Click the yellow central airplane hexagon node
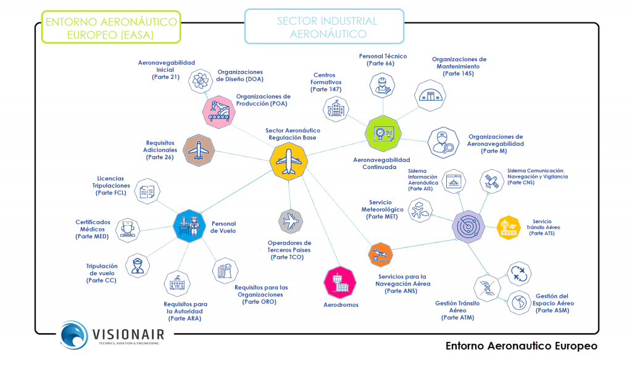point(289,162)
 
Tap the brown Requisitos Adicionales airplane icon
point(199,150)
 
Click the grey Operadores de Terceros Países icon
point(291,221)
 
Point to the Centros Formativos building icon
point(336,109)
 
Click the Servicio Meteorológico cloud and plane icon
point(420,209)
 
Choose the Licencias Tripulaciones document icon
point(147,193)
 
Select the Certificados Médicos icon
point(128,228)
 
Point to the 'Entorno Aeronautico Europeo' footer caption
point(521,346)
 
